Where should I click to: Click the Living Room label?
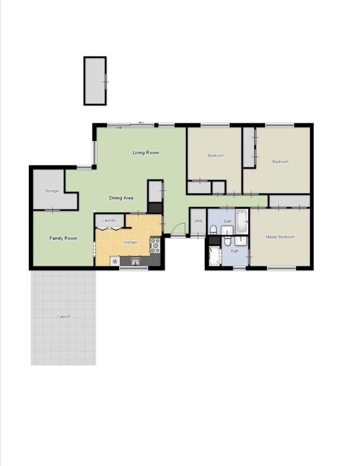click(x=146, y=152)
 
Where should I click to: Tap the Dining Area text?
click(x=121, y=198)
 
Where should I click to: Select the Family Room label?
click(x=63, y=238)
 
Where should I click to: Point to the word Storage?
click(x=52, y=191)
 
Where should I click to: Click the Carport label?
click(x=63, y=317)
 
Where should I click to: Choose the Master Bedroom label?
click(x=280, y=237)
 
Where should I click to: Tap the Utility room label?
click(x=198, y=222)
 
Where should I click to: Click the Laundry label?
click(x=109, y=221)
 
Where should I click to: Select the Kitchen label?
click(x=130, y=243)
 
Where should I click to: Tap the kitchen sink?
click(x=135, y=261)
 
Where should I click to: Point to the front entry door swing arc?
click(x=179, y=228)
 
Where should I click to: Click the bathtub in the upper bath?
click(x=241, y=222)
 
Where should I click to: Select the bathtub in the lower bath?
click(x=214, y=256)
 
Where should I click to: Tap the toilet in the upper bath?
click(x=213, y=229)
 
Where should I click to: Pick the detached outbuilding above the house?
click(x=95, y=80)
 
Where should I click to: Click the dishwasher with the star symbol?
click(x=115, y=261)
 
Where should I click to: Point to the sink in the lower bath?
click(x=241, y=240)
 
